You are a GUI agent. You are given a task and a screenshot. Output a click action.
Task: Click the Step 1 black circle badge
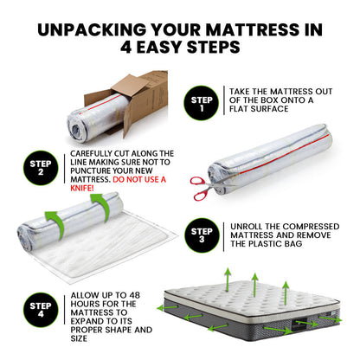(202, 103)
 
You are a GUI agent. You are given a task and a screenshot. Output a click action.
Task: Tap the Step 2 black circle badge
(41, 168)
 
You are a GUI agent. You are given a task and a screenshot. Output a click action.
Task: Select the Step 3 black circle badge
(202, 235)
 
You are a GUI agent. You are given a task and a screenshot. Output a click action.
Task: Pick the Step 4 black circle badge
(41, 310)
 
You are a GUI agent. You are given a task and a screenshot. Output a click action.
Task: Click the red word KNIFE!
(82, 189)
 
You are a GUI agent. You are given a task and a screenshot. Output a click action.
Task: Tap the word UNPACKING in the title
(92, 29)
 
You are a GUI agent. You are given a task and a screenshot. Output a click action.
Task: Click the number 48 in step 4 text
(133, 295)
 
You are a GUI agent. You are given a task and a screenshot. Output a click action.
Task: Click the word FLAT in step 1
(239, 109)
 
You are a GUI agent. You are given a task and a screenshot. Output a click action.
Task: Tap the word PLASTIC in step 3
(265, 244)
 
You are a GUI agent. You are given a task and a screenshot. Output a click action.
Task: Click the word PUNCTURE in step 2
(90, 170)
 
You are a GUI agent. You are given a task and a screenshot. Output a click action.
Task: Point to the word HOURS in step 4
(85, 304)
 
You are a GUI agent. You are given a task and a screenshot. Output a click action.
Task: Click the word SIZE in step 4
(79, 338)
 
